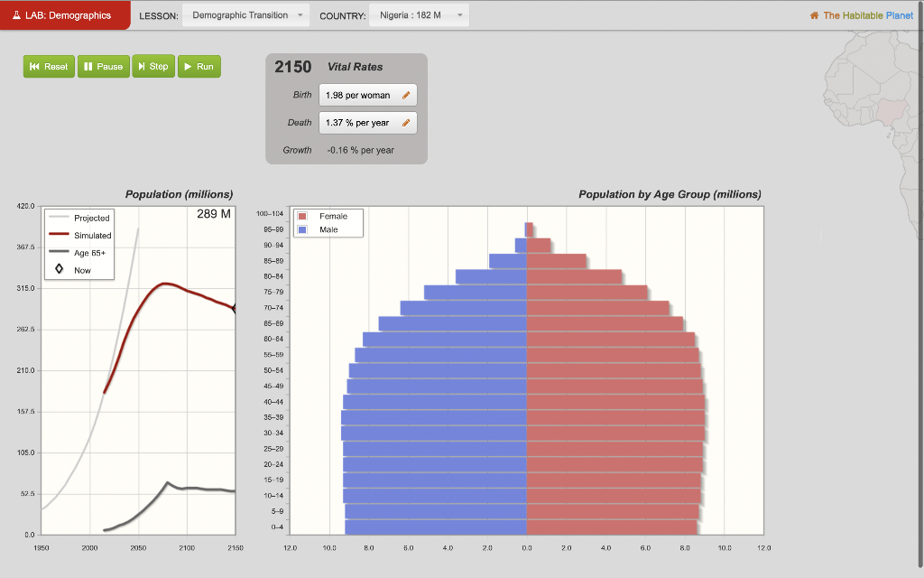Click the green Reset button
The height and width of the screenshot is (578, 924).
[49, 67]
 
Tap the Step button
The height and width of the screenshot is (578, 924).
[152, 67]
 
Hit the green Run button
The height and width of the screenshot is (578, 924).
[199, 67]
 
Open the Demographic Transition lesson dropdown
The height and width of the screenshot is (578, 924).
[245, 15]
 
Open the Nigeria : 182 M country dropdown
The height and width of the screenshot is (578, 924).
[420, 15]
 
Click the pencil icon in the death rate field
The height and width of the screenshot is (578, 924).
[406, 123]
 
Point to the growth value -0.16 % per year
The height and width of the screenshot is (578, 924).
[360, 150]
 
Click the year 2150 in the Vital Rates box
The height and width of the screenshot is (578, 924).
[293, 67]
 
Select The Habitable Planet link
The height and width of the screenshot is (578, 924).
[867, 15]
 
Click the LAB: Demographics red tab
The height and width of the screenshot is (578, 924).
[65, 15]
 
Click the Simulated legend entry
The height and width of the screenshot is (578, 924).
[91, 235]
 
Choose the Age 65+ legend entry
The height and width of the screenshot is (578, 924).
[89, 253]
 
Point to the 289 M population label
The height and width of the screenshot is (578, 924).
[214, 214]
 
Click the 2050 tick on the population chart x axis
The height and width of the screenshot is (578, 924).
[138, 548]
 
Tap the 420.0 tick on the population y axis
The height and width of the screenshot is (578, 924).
[25, 207]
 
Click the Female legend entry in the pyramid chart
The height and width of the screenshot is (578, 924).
[332, 217]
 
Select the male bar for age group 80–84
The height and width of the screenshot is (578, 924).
[492, 276]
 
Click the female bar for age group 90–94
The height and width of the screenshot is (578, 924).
[539, 246]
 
